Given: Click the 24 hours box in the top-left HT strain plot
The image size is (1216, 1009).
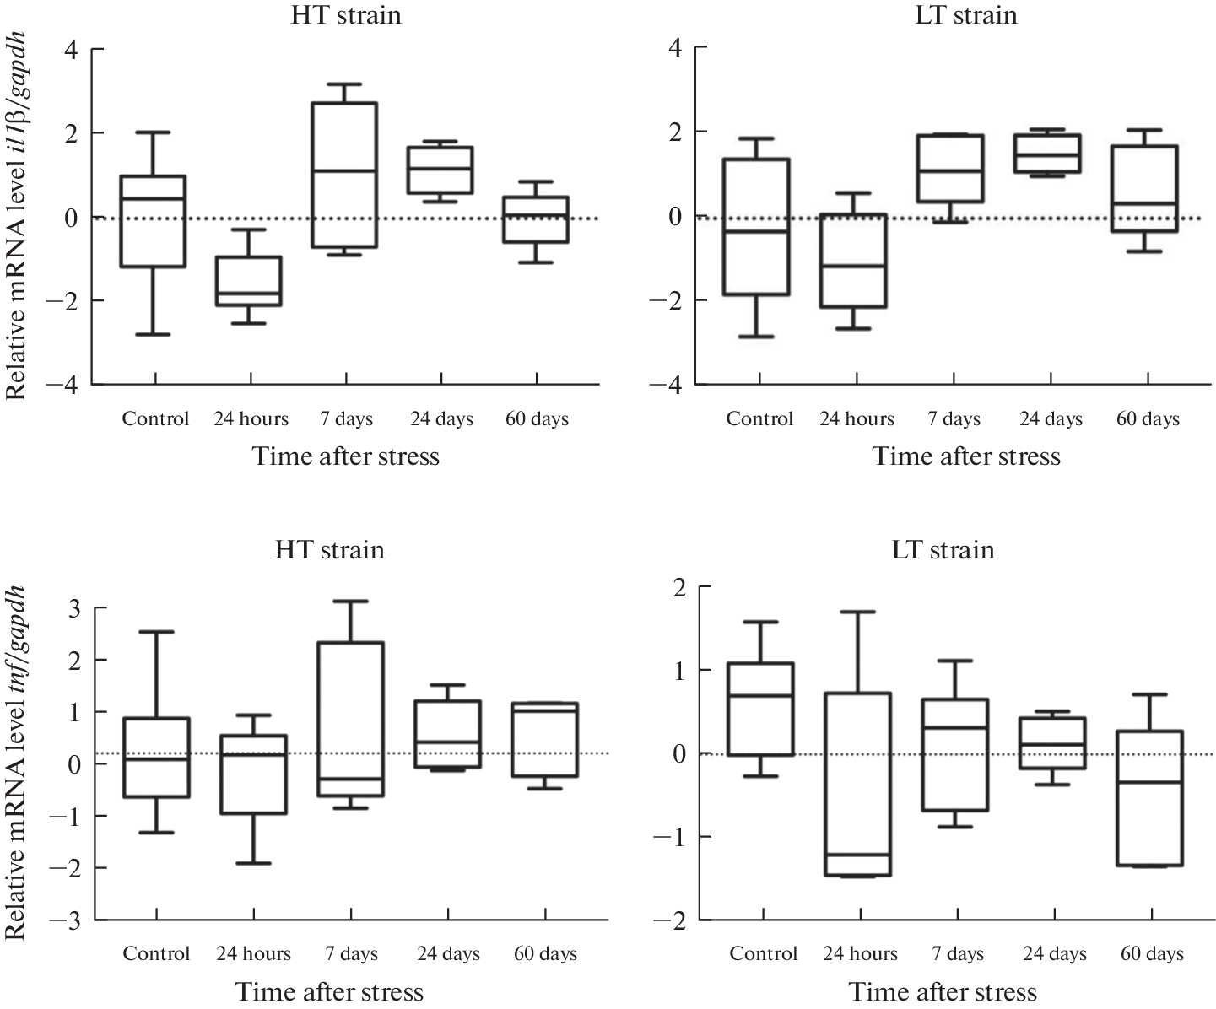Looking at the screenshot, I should pos(251,281).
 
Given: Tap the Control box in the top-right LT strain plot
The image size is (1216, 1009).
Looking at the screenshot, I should pos(759,226).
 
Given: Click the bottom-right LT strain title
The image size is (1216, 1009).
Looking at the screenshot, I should pos(943,550).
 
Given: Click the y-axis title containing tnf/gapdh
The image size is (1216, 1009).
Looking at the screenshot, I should pos(18,763).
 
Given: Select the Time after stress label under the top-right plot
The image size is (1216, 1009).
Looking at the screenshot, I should pos(966,456).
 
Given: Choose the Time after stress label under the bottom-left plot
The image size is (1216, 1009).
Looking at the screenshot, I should pos(329,991).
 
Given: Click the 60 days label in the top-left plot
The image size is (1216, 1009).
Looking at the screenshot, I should pos(537,418).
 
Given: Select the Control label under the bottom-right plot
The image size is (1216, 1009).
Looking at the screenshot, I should pos(763,953).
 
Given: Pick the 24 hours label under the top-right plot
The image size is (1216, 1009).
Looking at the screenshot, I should pos(857,418).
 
